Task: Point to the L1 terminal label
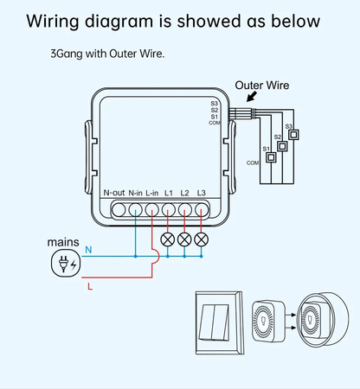169,191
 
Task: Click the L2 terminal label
184,191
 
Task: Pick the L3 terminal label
201,191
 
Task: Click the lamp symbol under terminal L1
168,238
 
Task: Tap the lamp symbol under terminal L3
201,238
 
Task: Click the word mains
63,242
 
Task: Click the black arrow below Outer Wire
254,100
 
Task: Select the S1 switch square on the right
271,157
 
